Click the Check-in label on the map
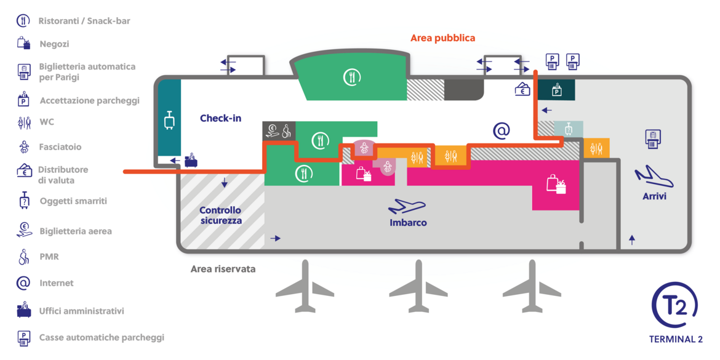click(220, 119)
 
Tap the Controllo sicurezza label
click(220, 215)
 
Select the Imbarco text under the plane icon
click(408, 223)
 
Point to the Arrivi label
click(654, 196)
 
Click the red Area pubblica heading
click(442, 38)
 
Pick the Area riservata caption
click(223, 269)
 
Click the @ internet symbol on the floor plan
click(502, 131)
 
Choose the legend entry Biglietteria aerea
click(76, 231)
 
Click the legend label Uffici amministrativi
click(82, 311)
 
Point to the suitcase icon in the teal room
click(168, 120)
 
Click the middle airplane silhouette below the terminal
click(418, 286)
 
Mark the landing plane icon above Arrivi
click(654, 178)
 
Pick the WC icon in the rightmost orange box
click(596, 148)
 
